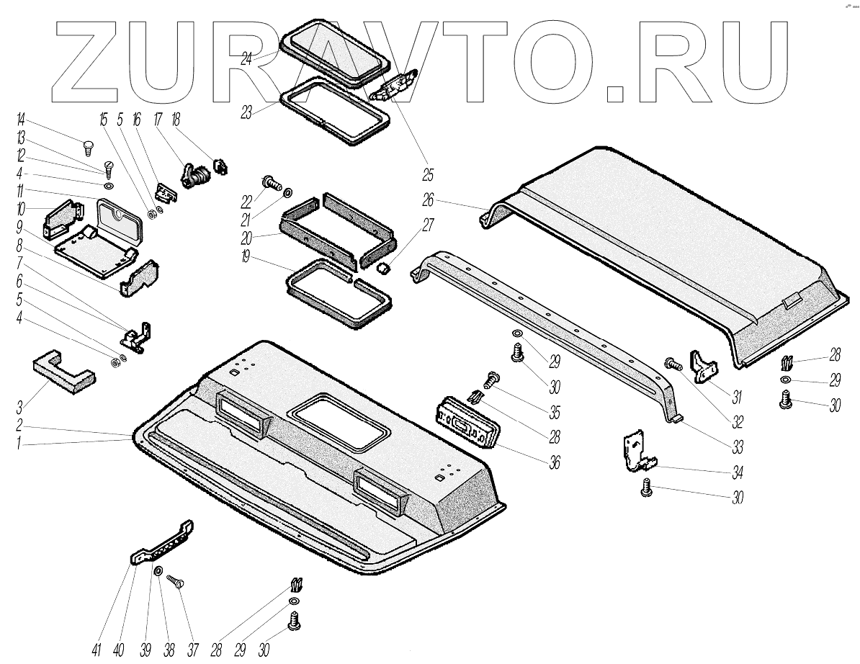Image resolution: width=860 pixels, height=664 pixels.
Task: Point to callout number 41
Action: click(97, 649)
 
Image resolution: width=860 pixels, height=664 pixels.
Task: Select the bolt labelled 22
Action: click(271, 183)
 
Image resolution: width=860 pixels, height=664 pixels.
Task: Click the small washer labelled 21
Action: click(287, 192)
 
